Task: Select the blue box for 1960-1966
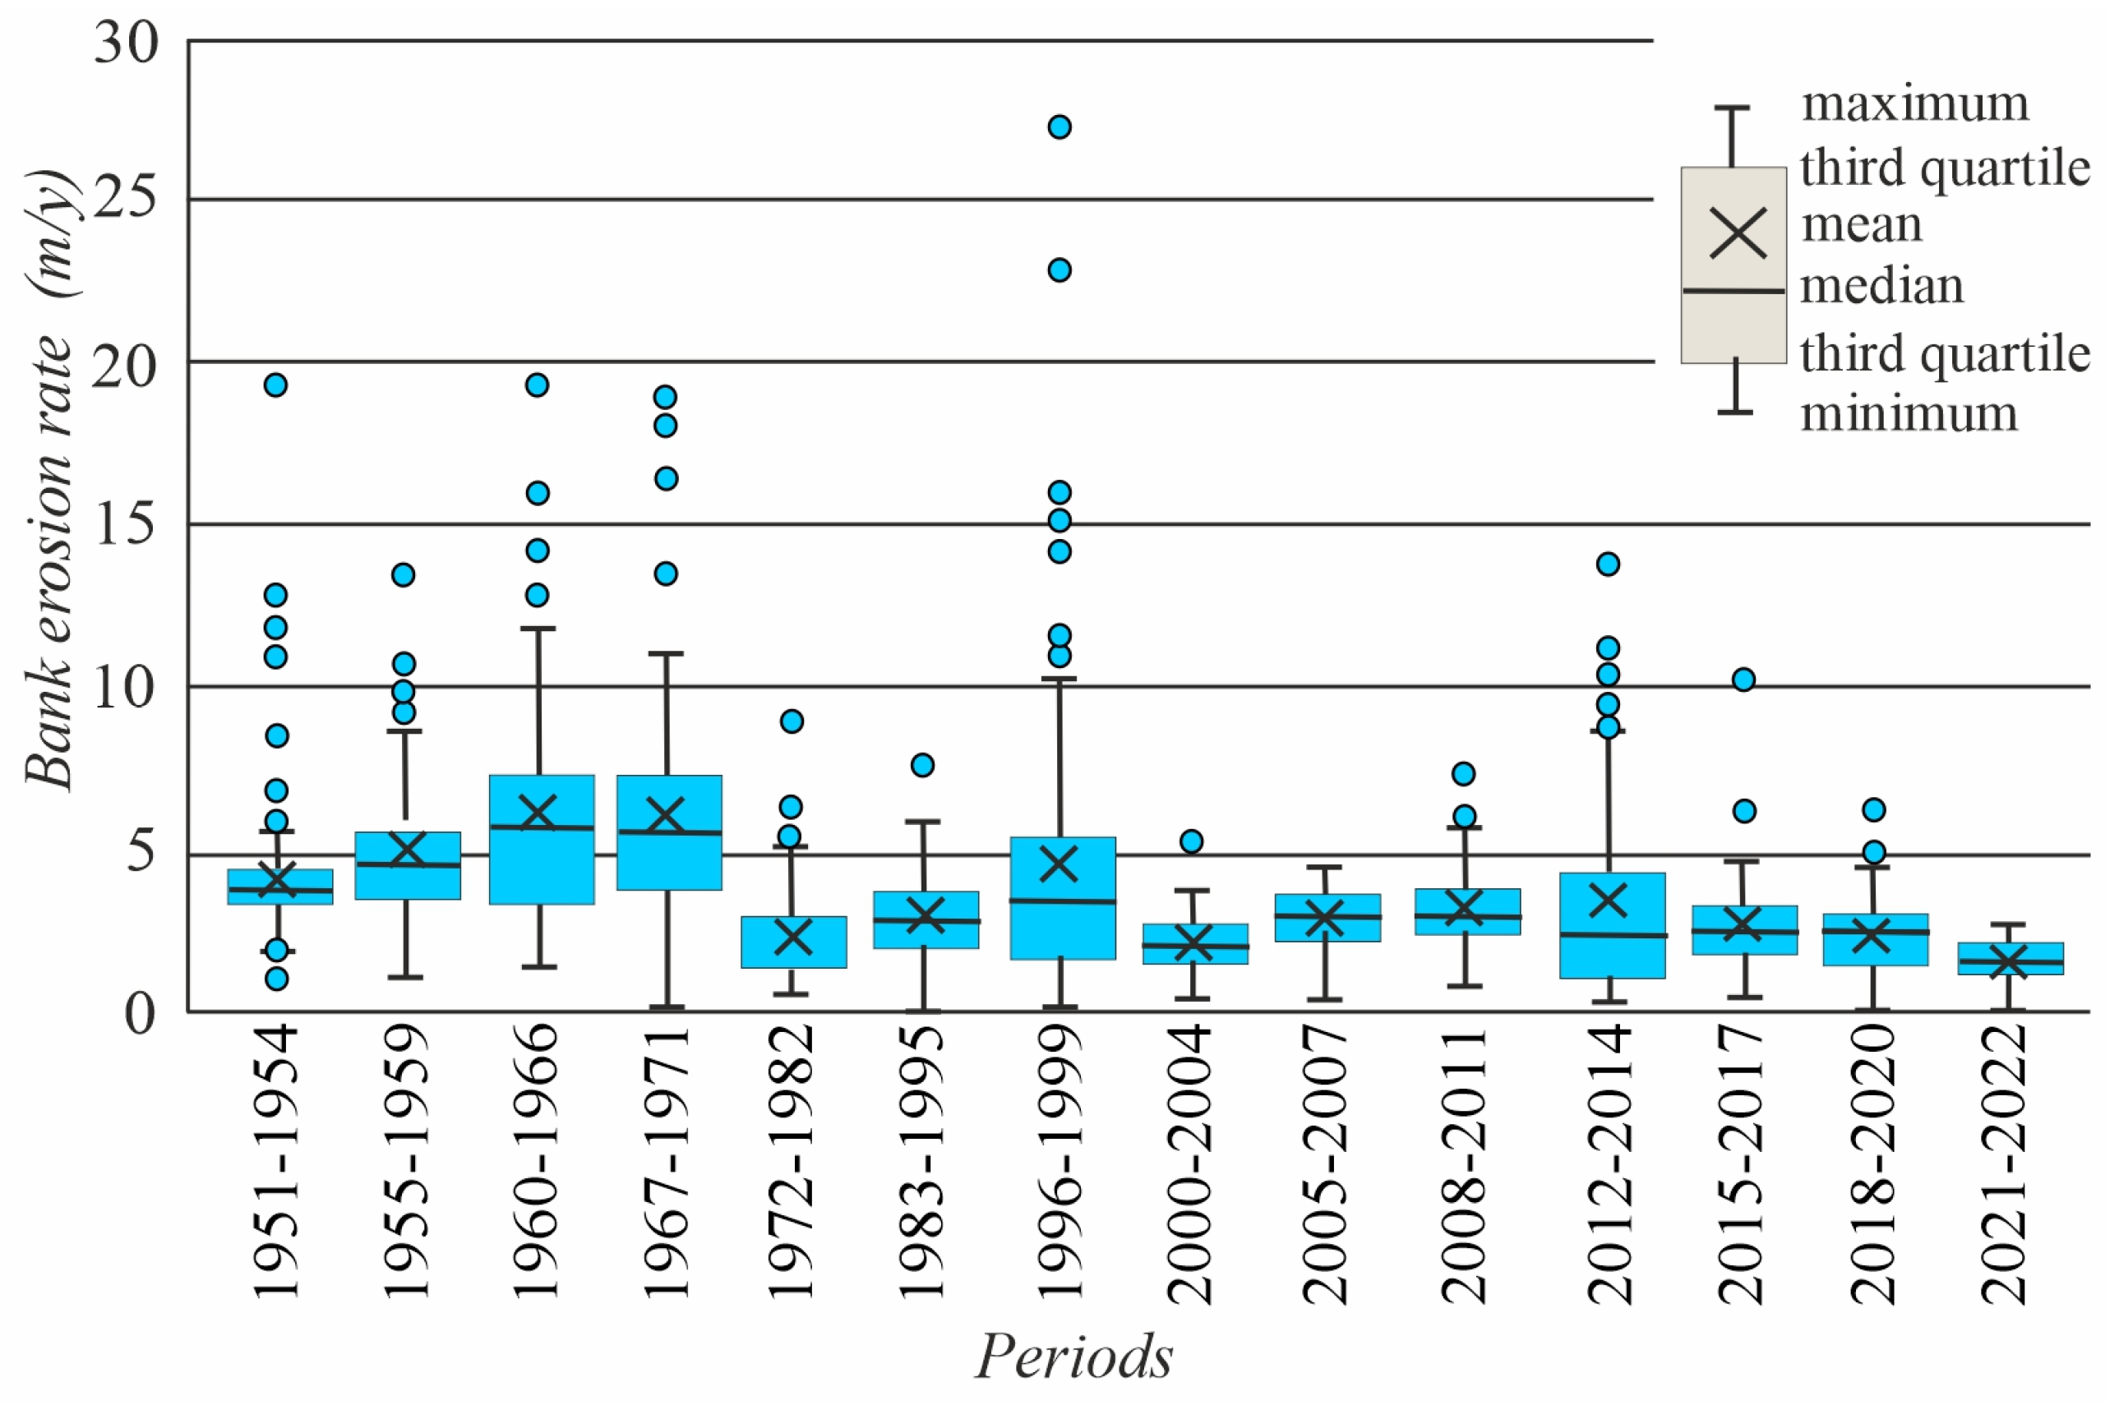point(542,839)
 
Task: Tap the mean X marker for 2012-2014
point(1609,901)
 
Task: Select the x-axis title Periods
point(1073,1356)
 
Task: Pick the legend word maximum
point(1914,104)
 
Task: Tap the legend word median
point(1881,287)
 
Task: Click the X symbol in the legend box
point(1738,232)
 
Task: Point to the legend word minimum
point(1908,414)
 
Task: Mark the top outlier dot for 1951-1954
point(275,385)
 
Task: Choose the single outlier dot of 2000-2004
point(1191,841)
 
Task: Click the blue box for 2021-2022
point(2011,958)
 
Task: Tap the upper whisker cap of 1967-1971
point(667,653)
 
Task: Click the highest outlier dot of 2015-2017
point(1743,680)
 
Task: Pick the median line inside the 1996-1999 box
point(1063,901)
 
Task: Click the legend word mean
point(1861,224)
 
